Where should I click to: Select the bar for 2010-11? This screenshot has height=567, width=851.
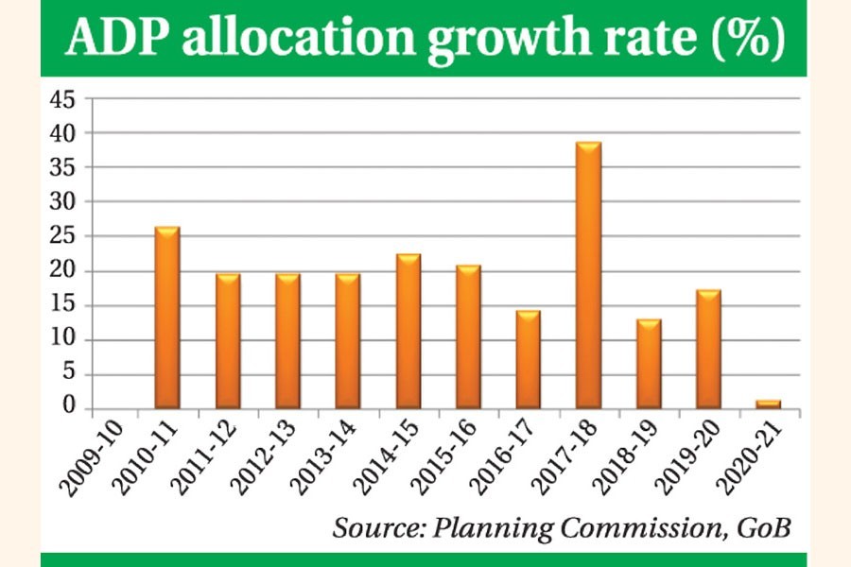167,318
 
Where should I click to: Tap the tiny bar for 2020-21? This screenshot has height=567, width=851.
769,404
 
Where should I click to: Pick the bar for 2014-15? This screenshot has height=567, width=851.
408,332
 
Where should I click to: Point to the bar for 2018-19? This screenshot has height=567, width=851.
649,364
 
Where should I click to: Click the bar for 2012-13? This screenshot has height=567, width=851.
288,341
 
